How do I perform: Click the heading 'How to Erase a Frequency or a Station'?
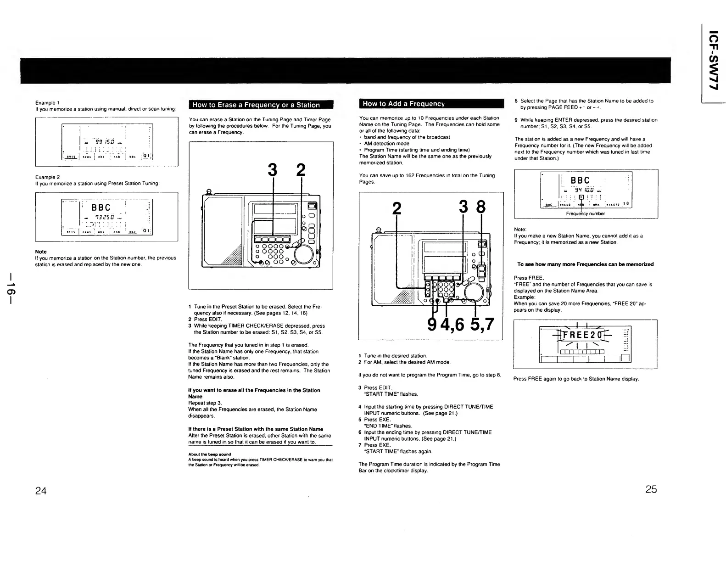(x=256, y=105)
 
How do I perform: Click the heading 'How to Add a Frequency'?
(x=403, y=104)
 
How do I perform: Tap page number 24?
(x=41, y=490)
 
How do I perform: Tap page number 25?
(x=651, y=489)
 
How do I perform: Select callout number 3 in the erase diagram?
(x=273, y=170)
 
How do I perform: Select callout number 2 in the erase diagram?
(x=301, y=170)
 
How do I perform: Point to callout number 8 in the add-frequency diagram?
(x=481, y=208)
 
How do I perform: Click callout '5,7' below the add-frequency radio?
(x=481, y=324)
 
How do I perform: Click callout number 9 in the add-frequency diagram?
(x=432, y=324)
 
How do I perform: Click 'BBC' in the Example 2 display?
(x=101, y=208)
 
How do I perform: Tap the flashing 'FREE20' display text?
(x=580, y=335)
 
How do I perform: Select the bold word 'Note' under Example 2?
(x=41, y=252)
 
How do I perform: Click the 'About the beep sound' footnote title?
(x=202, y=454)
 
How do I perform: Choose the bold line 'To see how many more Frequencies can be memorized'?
(x=585, y=264)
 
